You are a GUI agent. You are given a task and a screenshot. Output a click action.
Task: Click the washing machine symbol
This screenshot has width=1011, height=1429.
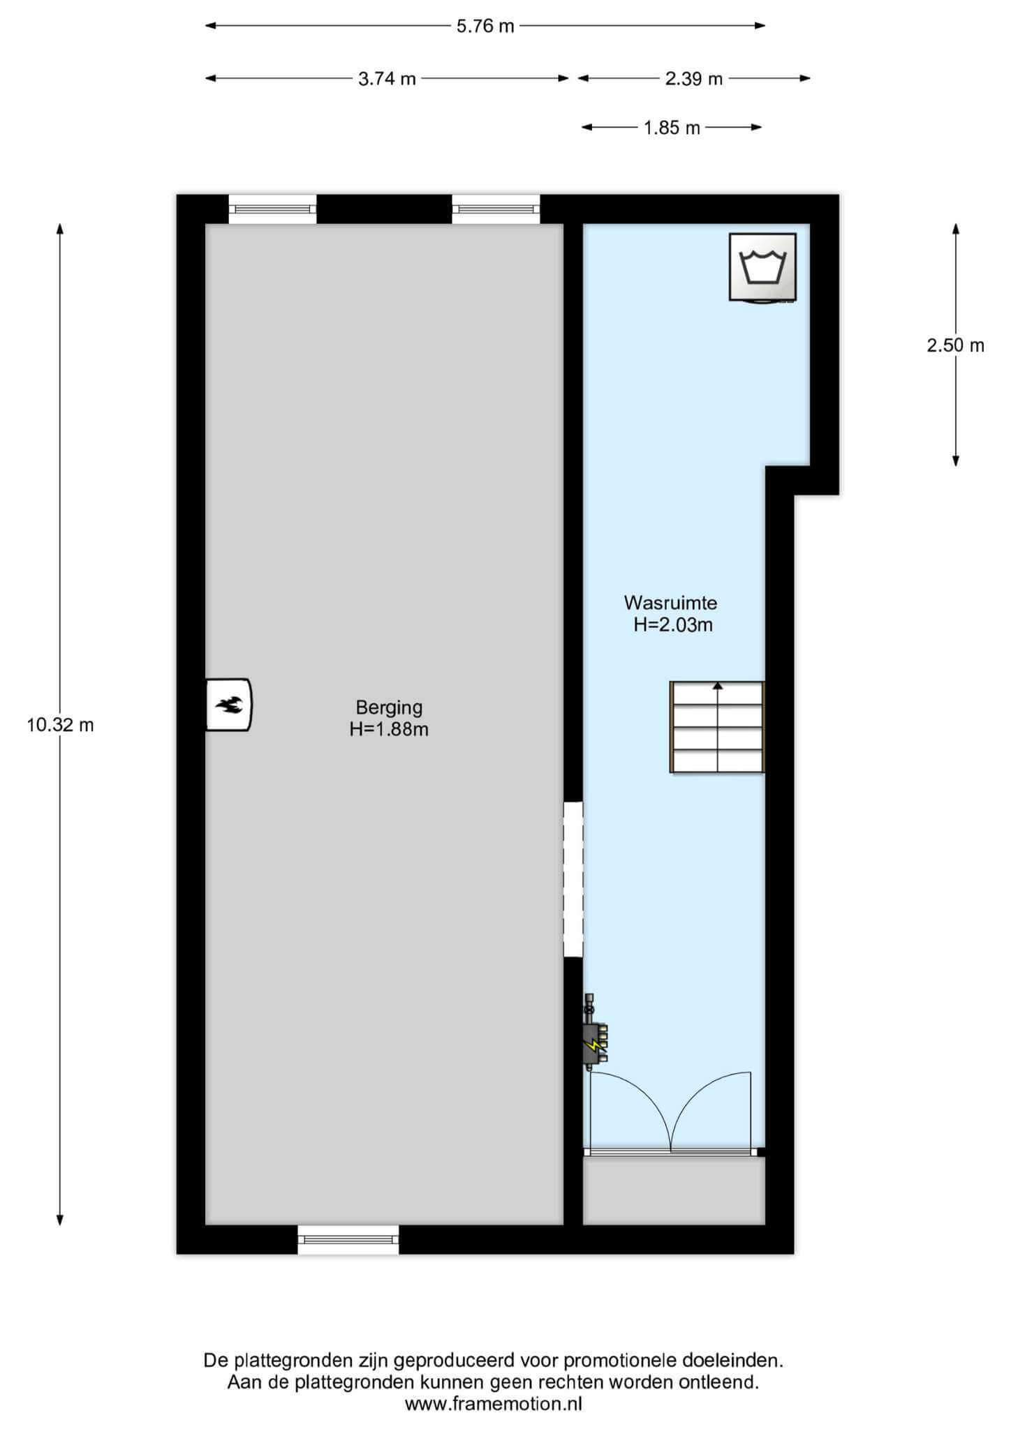click(762, 268)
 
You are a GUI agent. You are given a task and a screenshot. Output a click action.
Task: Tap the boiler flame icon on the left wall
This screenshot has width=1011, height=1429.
click(229, 705)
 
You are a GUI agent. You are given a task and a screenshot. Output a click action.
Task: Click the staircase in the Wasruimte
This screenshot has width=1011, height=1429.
click(717, 727)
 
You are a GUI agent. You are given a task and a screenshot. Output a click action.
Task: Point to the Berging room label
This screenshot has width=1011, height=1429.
click(389, 708)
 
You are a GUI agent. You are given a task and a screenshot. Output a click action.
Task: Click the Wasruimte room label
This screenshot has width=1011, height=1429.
click(670, 602)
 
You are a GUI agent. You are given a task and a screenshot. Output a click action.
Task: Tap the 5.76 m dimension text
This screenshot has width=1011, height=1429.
click(485, 27)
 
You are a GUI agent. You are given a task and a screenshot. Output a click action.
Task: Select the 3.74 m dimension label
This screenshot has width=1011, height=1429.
click(387, 79)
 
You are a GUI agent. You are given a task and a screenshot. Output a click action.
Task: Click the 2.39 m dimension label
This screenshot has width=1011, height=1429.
click(693, 79)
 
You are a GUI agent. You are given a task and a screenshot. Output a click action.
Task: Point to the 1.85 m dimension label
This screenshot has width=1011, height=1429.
click(671, 128)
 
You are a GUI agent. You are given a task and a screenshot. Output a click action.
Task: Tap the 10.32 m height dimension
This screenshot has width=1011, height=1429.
click(60, 725)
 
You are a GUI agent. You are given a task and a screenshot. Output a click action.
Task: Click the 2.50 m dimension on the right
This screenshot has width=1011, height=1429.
click(955, 345)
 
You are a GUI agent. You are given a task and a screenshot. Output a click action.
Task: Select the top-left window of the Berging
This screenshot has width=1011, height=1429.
click(272, 209)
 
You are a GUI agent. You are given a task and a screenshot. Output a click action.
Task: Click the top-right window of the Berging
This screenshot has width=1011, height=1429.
click(496, 209)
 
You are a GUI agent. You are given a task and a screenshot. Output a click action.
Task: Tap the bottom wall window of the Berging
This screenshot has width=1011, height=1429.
click(348, 1239)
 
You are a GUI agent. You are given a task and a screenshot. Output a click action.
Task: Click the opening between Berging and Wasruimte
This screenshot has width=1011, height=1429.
click(573, 879)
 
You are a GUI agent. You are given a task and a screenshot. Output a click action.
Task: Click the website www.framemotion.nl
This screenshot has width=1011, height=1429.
click(494, 1404)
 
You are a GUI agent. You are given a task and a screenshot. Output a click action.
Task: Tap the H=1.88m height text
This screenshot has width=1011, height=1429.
click(389, 730)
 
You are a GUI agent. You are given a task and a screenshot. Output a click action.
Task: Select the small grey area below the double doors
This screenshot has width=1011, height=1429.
click(674, 1190)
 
